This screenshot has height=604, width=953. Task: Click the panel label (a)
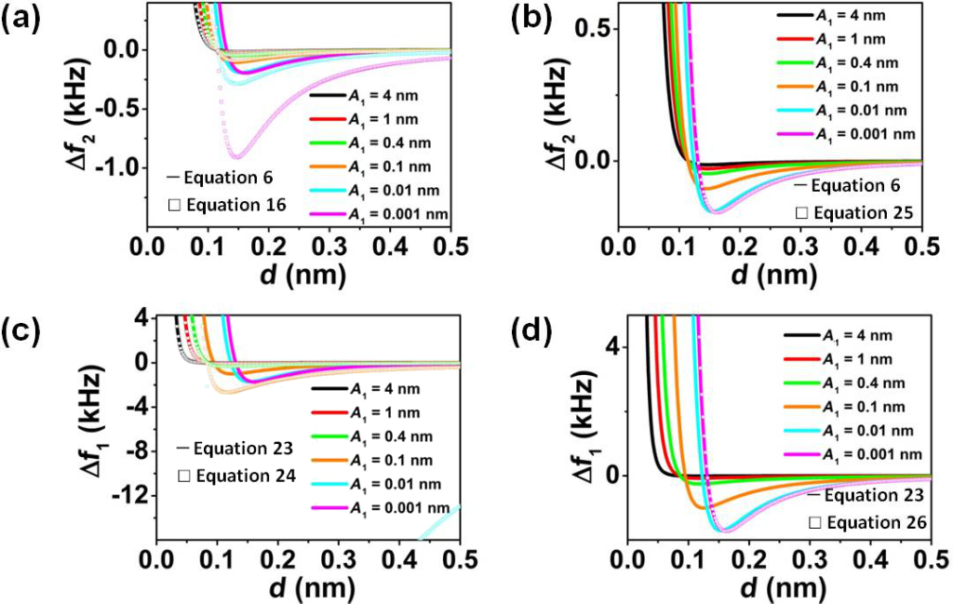coord(21,20)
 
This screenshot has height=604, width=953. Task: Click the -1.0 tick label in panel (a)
coord(121,167)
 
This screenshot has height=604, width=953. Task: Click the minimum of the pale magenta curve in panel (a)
coord(237,156)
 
